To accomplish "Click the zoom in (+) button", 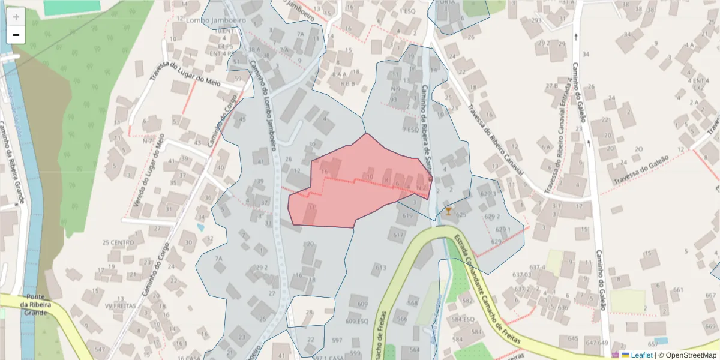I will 16,16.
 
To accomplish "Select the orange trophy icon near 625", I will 448,211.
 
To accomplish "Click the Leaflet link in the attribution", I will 641,355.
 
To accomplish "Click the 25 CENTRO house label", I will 118,243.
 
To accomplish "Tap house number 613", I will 380,267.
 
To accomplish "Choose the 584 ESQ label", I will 464,319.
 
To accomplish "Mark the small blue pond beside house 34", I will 199,227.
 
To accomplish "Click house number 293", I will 536,20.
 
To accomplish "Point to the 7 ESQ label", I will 410,130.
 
